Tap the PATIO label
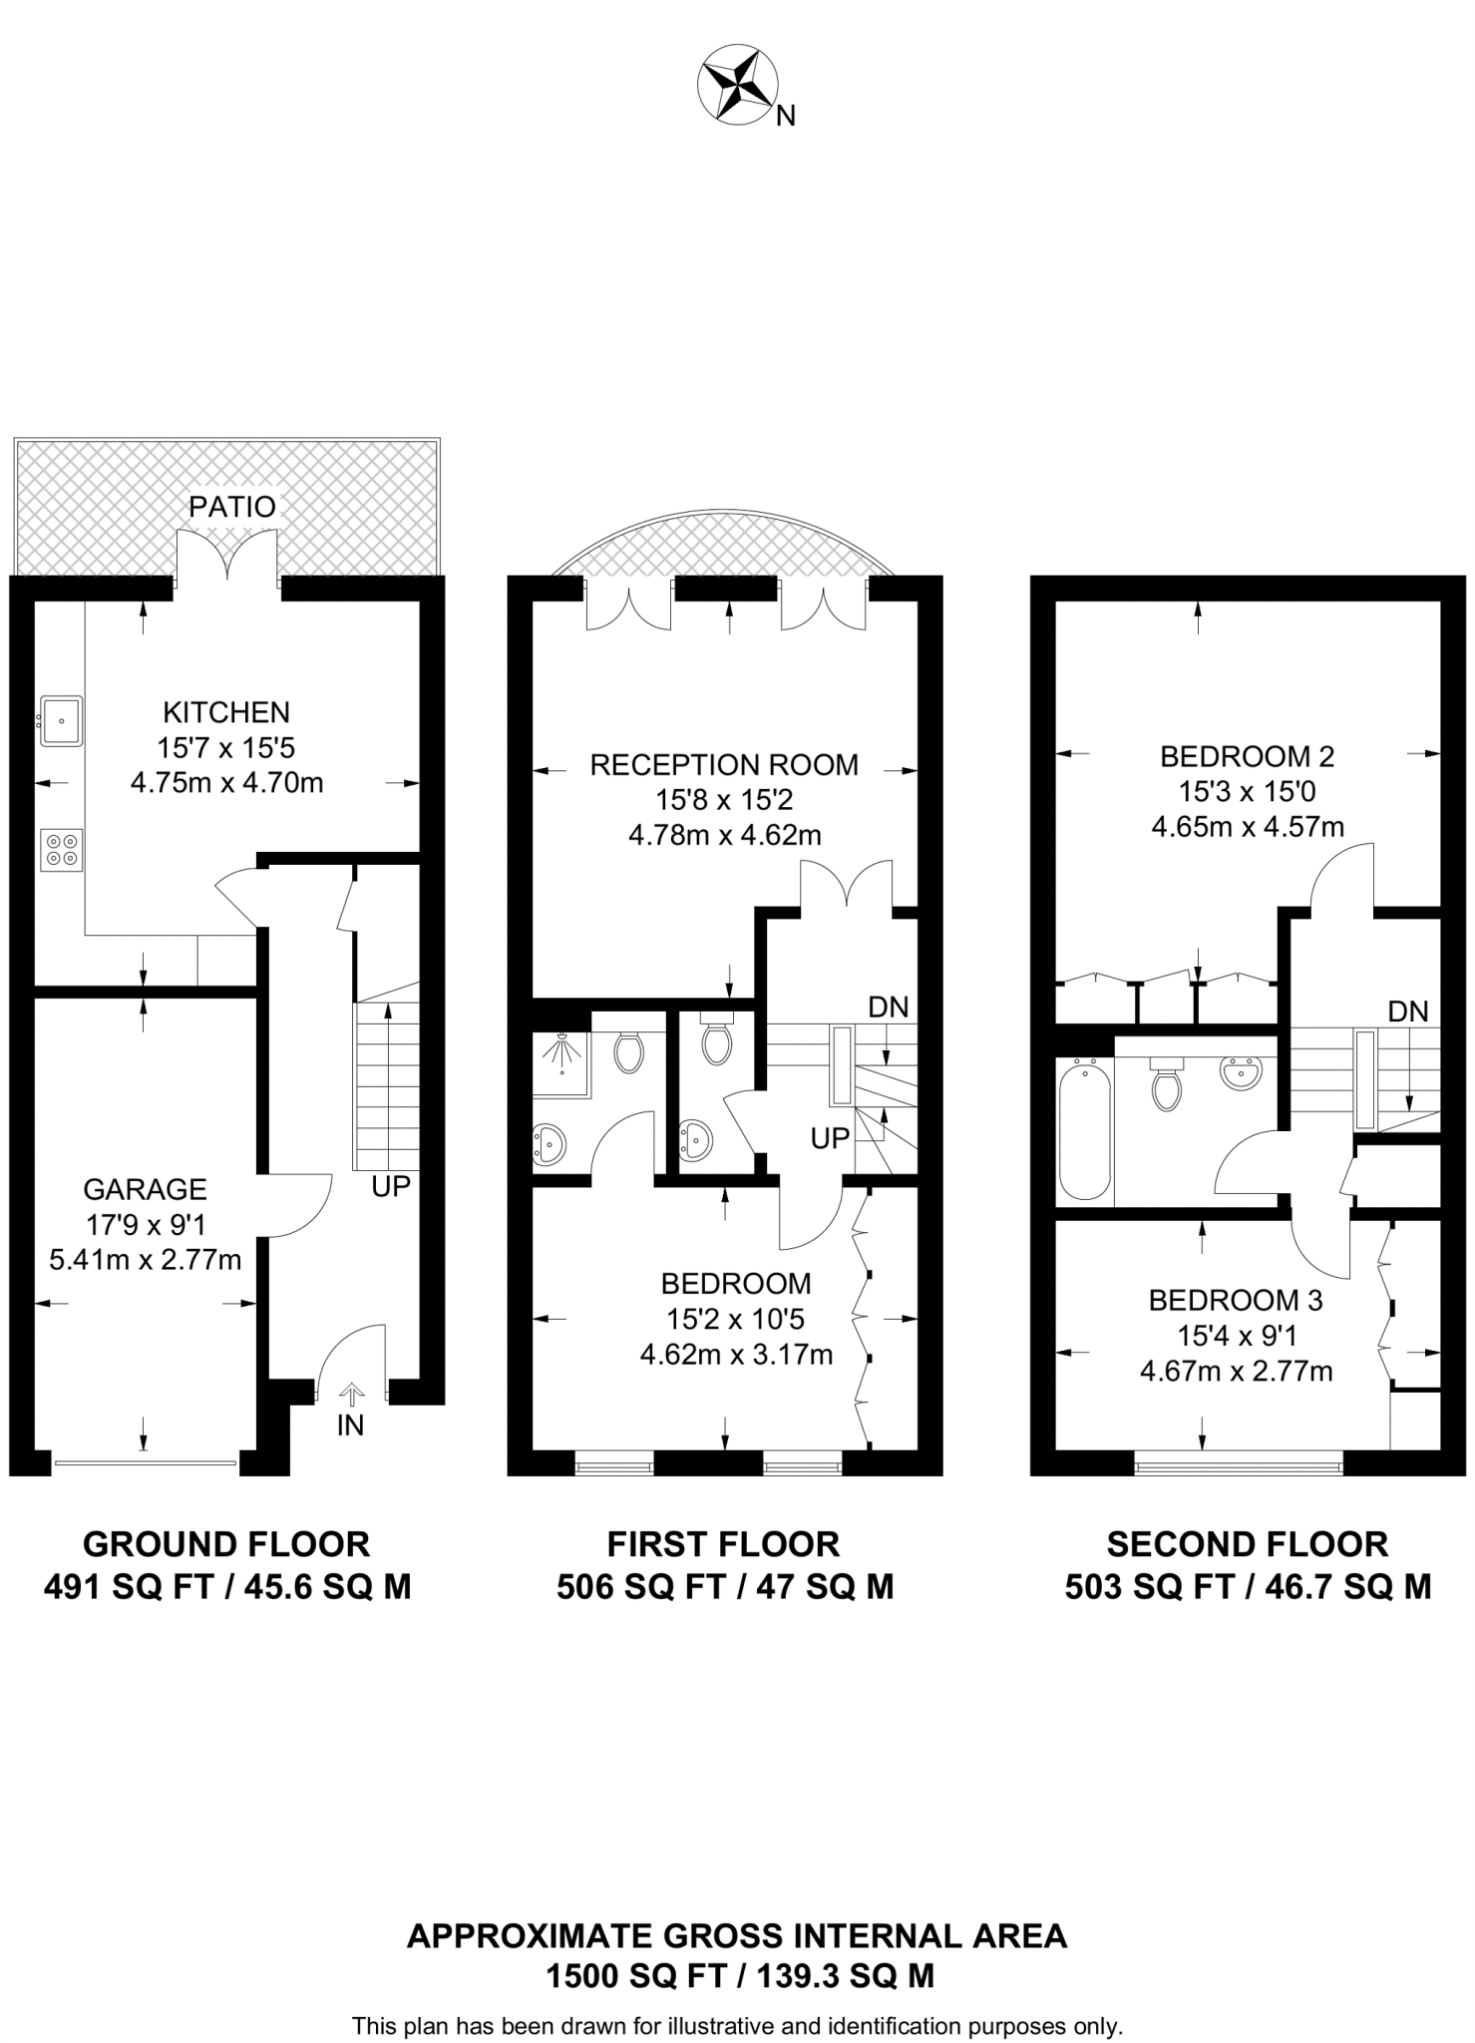tap(232, 507)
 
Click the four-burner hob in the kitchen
tap(61, 849)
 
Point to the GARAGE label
tap(145, 1189)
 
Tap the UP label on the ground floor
tap(391, 1187)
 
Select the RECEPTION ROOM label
tap(724, 765)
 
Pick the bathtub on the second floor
tap(1085, 1131)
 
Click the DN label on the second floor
tap(1408, 1012)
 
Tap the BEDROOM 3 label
tap(1236, 1301)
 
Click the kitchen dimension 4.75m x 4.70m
tap(227, 783)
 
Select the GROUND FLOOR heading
tap(226, 1545)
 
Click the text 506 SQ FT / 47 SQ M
tap(725, 1587)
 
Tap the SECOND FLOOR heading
tap(1248, 1545)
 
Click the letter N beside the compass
tap(786, 117)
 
